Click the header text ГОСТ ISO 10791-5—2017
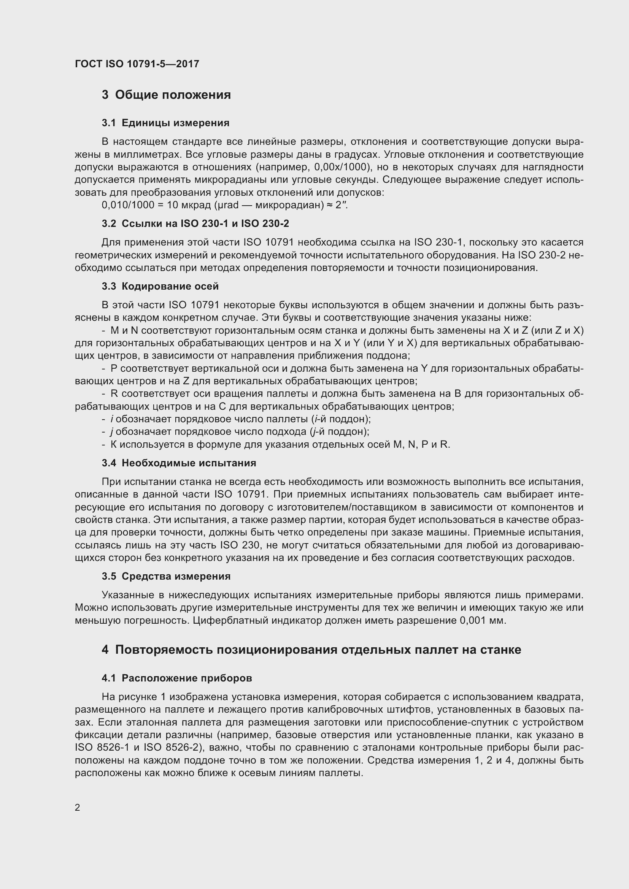137,64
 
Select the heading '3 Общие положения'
166,95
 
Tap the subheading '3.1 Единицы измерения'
165,123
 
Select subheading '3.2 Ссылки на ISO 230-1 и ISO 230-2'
195,224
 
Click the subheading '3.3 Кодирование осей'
160,287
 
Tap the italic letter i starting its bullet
111,419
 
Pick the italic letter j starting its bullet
111,432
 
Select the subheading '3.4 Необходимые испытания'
179,463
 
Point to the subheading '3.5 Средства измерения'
166,577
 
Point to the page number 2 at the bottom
78,808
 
